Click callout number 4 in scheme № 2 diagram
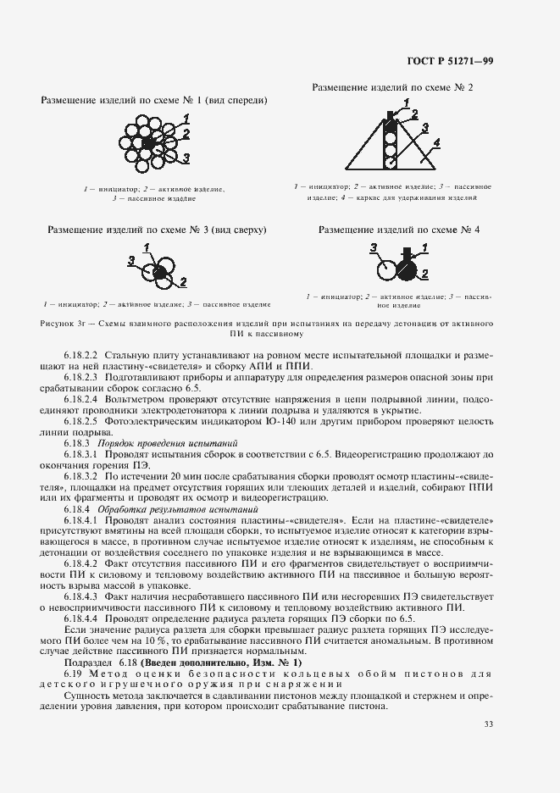[436, 144]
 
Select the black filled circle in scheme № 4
[408, 269]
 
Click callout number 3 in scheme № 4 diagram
[374, 247]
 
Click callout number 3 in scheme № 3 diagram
[130, 259]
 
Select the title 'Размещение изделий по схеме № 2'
[392, 87]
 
